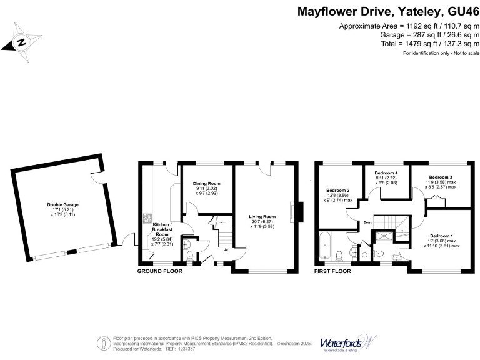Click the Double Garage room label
[x=62, y=204]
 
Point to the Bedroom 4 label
[x=386, y=172]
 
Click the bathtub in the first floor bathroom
[x=325, y=247]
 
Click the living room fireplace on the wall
[x=300, y=211]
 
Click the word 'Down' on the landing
[x=369, y=222]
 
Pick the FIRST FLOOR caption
[x=332, y=272]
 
